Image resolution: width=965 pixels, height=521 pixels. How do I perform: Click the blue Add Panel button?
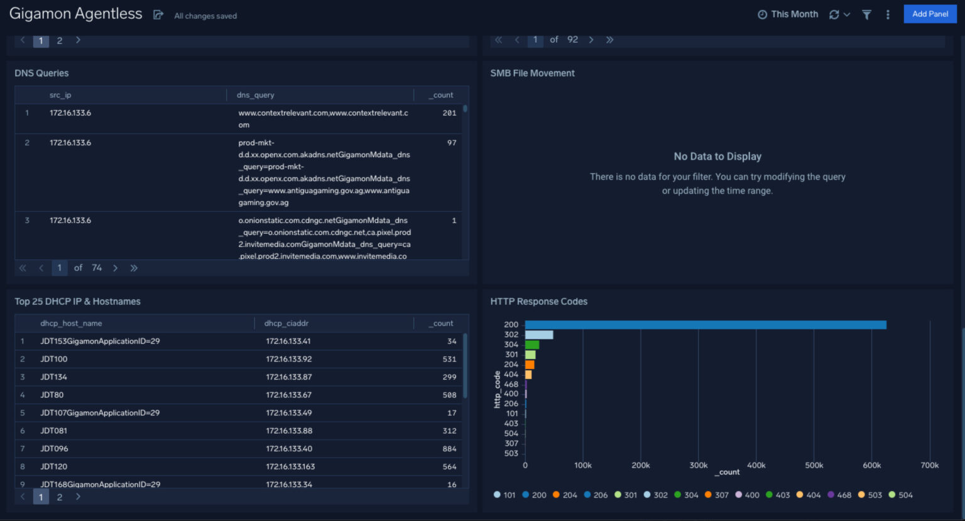click(x=929, y=14)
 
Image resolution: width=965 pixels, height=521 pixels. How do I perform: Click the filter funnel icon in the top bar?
click(x=866, y=14)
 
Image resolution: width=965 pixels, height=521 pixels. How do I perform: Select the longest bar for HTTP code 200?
click(x=705, y=325)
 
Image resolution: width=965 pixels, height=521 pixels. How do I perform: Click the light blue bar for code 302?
click(x=539, y=335)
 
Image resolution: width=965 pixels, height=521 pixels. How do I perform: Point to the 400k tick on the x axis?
click(x=756, y=465)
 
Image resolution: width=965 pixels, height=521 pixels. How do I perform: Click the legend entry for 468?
click(x=839, y=495)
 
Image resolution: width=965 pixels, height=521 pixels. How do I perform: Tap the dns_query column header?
click(x=255, y=95)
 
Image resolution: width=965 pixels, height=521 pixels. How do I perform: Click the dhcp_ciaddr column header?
click(x=286, y=323)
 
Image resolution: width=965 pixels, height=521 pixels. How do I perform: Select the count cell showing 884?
click(x=449, y=449)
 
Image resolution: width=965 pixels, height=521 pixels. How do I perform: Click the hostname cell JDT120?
click(x=54, y=466)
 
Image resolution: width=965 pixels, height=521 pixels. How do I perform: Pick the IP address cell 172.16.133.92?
click(x=288, y=359)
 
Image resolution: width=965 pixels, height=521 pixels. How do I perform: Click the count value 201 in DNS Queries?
click(x=449, y=113)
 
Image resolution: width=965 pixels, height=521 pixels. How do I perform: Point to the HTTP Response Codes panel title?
click(x=538, y=302)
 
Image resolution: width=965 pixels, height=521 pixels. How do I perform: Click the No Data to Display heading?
click(x=717, y=156)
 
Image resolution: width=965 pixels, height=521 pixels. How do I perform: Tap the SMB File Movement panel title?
click(x=532, y=74)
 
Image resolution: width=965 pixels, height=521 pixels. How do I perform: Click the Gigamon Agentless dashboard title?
click(x=76, y=14)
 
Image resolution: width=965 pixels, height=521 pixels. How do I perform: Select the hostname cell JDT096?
click(x=54, y=449)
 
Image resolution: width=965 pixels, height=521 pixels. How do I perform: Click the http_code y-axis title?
click(x=497, y=390)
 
